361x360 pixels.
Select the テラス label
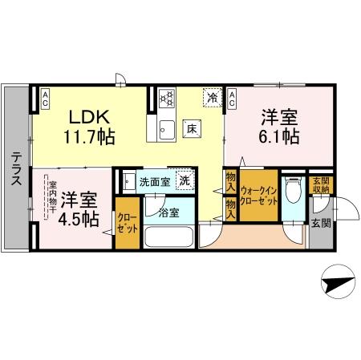pyautogui.click(x=16, y=170)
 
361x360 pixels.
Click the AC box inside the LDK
pyautogui.click(x=46, y=99)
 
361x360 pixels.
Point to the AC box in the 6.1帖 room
pyautogui.click(x=233, y=99)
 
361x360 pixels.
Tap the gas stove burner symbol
pyautogui.click(x=167, y=99)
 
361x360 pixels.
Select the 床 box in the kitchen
pyautogui.click(x=192, y=127)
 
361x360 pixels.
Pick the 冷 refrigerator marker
pyautogui.click(x=212, y=97)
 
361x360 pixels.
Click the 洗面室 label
pyautogui.click(x=154, y=181)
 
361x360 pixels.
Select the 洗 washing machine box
pyautogui.click(x=185, y=181)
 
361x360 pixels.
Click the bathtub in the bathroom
pyautogui.click(x=168, y=238)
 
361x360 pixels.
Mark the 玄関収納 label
pyautogui.click(x=319, y=185)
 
